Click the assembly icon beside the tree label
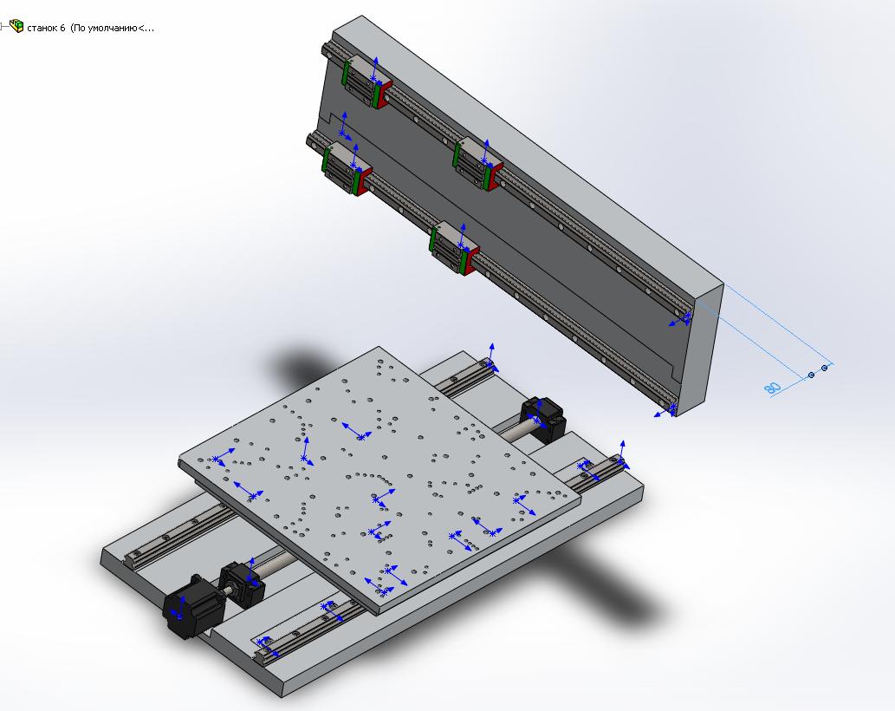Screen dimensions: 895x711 coord(16,26)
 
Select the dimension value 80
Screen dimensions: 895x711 coord(773,388)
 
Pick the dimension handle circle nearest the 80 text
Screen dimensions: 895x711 coord(812,375)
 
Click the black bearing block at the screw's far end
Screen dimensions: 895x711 coord(543,418)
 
